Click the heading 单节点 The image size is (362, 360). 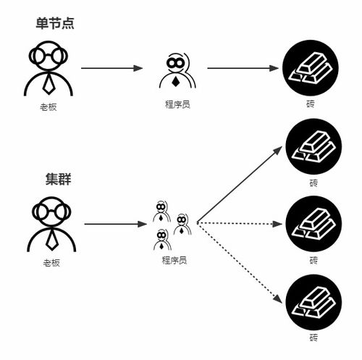(x=55, y=23)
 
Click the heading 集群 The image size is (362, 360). (x=55, y=177)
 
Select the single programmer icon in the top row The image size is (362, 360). (x=176, y=70)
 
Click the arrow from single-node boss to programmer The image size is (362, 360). (x=112, y=69)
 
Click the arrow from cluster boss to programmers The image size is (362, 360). (x=116, y=224)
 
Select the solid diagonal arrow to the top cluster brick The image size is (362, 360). (x=239, y=184)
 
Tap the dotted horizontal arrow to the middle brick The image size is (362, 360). (x=239, y=224)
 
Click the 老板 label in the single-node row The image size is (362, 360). (x=49, y=106)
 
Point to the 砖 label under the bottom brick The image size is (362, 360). (x=313, y=338)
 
